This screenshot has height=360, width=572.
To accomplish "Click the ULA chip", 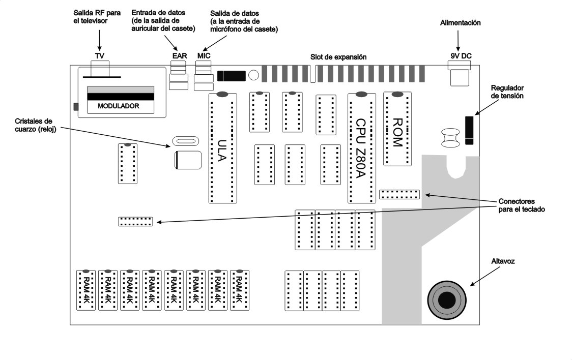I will tap(222, 148).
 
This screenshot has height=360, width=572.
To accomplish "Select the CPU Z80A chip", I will tap(361, 148).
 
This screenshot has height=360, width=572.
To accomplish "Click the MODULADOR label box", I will tap(120, 107).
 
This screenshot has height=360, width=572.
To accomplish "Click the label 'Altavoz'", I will tap(503, 261).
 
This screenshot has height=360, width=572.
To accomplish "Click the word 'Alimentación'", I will tap(461, 23).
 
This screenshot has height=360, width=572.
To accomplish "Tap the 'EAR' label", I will tap(179, 55).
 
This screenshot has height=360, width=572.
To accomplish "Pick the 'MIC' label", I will tap(204, 55).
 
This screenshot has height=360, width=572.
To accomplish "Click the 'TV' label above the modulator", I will tap(99, 55).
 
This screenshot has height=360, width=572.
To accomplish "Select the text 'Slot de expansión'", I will tap(338, 57).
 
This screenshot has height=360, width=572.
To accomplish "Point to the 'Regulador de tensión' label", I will tap(507, 92).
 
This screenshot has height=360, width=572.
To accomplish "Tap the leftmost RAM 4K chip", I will tap(85, 290).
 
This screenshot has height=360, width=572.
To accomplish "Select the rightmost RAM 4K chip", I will tap(240, 290).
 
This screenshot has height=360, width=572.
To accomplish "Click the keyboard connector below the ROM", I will tap(399, 194).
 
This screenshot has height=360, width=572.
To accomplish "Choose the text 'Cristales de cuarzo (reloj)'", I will tap(34, 125).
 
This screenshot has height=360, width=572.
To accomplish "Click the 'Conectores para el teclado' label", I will tap(522, 205).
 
